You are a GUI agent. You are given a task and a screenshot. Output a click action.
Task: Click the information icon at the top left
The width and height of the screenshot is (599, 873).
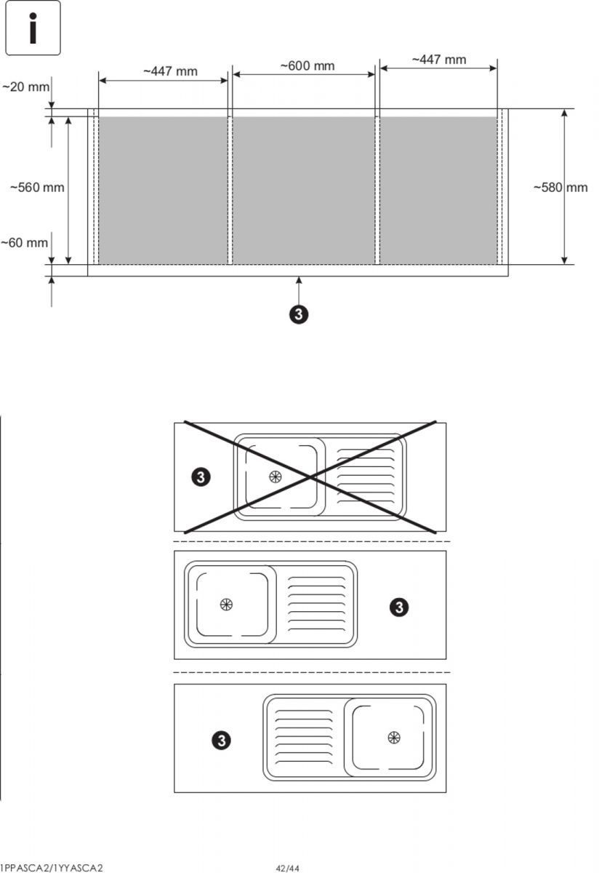click(33, 28)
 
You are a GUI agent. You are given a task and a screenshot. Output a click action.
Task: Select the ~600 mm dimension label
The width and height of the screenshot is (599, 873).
click(307, 66)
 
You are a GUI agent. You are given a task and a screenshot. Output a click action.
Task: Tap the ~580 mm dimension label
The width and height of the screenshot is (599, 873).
click(560, 188)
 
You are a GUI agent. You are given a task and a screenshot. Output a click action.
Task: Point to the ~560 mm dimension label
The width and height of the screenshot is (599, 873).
click(37, 188)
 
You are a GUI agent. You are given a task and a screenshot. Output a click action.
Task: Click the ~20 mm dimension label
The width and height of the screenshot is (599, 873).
click(25, 87)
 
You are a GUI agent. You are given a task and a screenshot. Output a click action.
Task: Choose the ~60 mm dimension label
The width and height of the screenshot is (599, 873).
click(24, 243)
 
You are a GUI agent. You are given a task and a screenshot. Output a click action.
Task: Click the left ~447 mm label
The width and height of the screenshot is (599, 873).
click(170, 71)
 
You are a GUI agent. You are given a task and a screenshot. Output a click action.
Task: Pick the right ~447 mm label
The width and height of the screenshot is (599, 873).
click(439, 60)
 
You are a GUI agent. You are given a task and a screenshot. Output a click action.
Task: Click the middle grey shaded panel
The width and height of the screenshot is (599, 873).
click(303, 190)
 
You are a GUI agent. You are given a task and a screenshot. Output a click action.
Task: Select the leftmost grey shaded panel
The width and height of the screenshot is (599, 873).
click(163, 190)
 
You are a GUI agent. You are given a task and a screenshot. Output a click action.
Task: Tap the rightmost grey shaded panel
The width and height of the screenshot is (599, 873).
click(438, 190)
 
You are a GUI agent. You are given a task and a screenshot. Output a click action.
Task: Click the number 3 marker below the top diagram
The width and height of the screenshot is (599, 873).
click(299, 314)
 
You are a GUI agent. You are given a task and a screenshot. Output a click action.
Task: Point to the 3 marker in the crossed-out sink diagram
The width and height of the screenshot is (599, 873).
click(201, 477)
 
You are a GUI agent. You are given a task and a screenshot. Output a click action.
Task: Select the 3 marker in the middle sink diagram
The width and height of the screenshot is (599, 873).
click(398, 607)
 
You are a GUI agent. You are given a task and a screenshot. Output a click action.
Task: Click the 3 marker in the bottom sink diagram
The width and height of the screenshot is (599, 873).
click(221, 741)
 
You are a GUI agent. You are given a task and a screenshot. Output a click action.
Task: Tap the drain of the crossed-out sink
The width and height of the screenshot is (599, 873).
click(275, 477)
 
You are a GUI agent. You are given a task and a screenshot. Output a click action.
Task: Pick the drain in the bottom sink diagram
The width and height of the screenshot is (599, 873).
click(394, 738)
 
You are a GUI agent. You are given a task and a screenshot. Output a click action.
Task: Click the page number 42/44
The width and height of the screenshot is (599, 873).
click(287, 868)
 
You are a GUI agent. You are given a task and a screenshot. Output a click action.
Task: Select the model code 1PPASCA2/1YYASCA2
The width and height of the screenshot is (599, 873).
click(52, 868)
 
